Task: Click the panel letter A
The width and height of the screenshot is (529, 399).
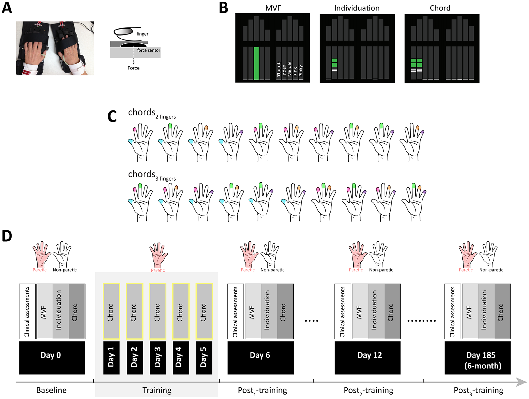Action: point(7,8)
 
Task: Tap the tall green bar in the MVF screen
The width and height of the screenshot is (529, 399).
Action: point(256,63)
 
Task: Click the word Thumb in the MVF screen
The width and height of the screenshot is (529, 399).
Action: point(279,69)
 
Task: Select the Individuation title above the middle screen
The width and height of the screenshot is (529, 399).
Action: point(357,8)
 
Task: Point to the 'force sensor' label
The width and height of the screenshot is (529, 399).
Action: point(149,50)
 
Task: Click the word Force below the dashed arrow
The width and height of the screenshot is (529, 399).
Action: point(134,68)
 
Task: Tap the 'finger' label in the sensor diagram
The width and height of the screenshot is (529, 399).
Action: point(142,34)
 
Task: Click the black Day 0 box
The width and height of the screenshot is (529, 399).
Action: point(52,358)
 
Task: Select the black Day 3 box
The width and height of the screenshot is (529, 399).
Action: point(158,358)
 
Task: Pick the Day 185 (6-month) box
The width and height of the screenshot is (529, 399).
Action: point(478,358)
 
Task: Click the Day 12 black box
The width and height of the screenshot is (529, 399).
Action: point(368,358)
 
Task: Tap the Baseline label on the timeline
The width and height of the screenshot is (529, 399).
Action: point(51,390)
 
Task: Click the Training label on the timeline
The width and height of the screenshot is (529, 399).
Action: point(157,390)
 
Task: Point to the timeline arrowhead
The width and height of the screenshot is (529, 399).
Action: point(521,382)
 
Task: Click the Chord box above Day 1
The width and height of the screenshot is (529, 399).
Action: point(111,311)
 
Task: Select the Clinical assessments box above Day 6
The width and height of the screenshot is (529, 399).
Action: point(236,311)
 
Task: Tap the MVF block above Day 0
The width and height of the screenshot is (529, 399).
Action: point(45,311)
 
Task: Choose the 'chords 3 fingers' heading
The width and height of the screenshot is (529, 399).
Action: point(152,175)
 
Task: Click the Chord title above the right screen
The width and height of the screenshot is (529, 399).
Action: point(440,8)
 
